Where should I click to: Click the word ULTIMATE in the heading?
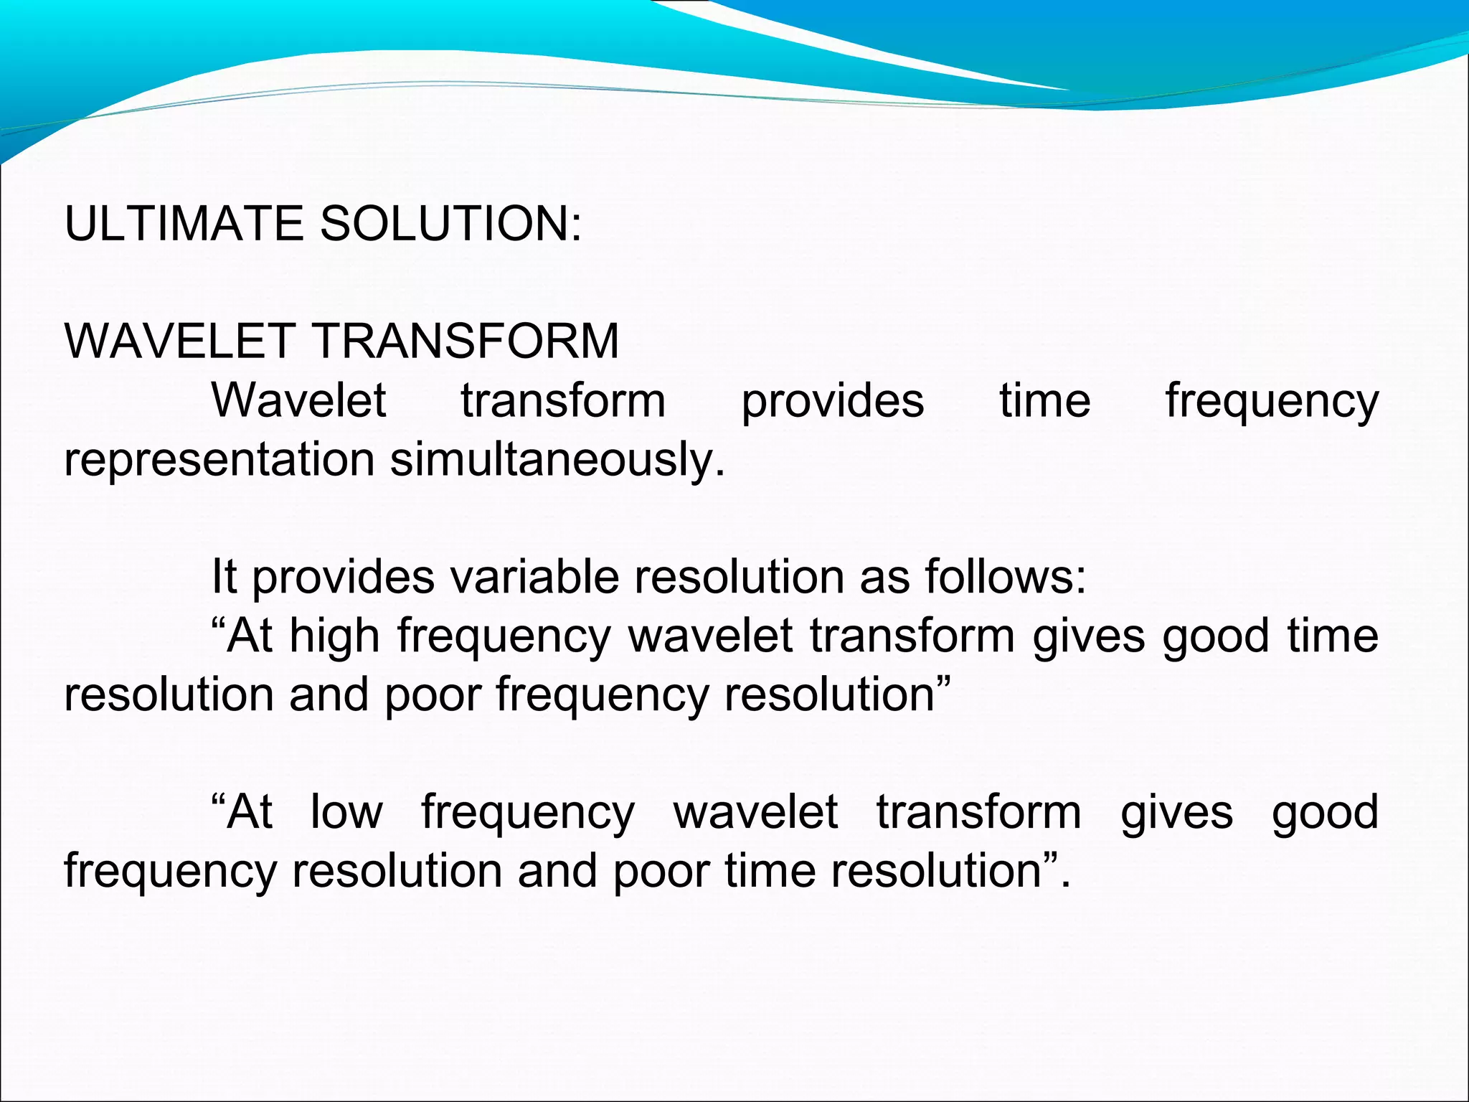pos(184,223)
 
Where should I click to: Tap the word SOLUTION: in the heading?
pos(450,223)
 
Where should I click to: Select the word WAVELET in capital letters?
pos(180,341)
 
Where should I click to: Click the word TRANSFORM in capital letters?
pos(466,341)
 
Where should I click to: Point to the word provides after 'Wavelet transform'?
pos(833,401)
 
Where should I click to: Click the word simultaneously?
pos(557,460)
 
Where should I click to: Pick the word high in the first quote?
pos(334,637)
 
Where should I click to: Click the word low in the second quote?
pos(346,812)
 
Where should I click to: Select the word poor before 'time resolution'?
pos(660,872)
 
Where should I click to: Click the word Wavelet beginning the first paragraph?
pos(299,401)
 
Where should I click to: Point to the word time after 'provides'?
pos(1045,401)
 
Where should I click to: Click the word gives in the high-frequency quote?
pos(1089,637)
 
